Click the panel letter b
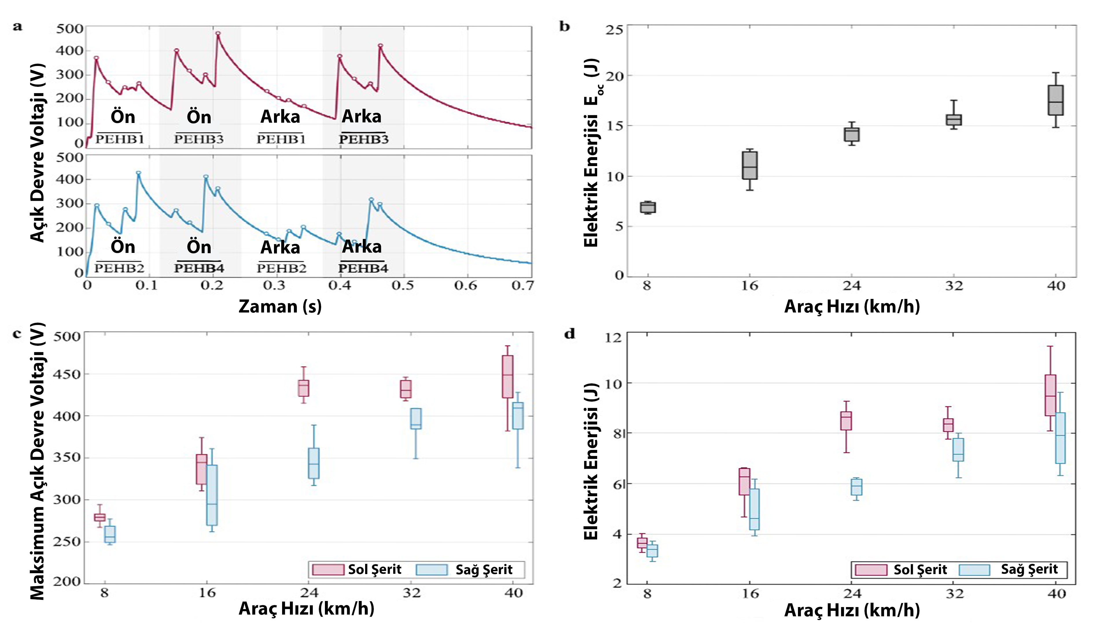(x=564, y=27)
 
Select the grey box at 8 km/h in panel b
(x=648, y=207)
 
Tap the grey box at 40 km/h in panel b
(x=1055, y=100)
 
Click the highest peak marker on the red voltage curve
(x=218, y=33)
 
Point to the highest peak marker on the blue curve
(x=139, y=173)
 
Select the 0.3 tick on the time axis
(x=274, y=286)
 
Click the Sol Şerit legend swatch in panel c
(x=328, y=570)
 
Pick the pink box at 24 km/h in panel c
(x=303, y=388)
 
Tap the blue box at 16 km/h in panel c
(x=212, y=495)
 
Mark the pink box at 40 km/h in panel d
(x=1050, y=395)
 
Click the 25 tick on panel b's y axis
(x=614, y=30)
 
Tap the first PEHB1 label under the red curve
(x=119, y=139)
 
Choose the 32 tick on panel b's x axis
(x=954, y=286)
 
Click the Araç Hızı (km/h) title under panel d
(x=851, y=610)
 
